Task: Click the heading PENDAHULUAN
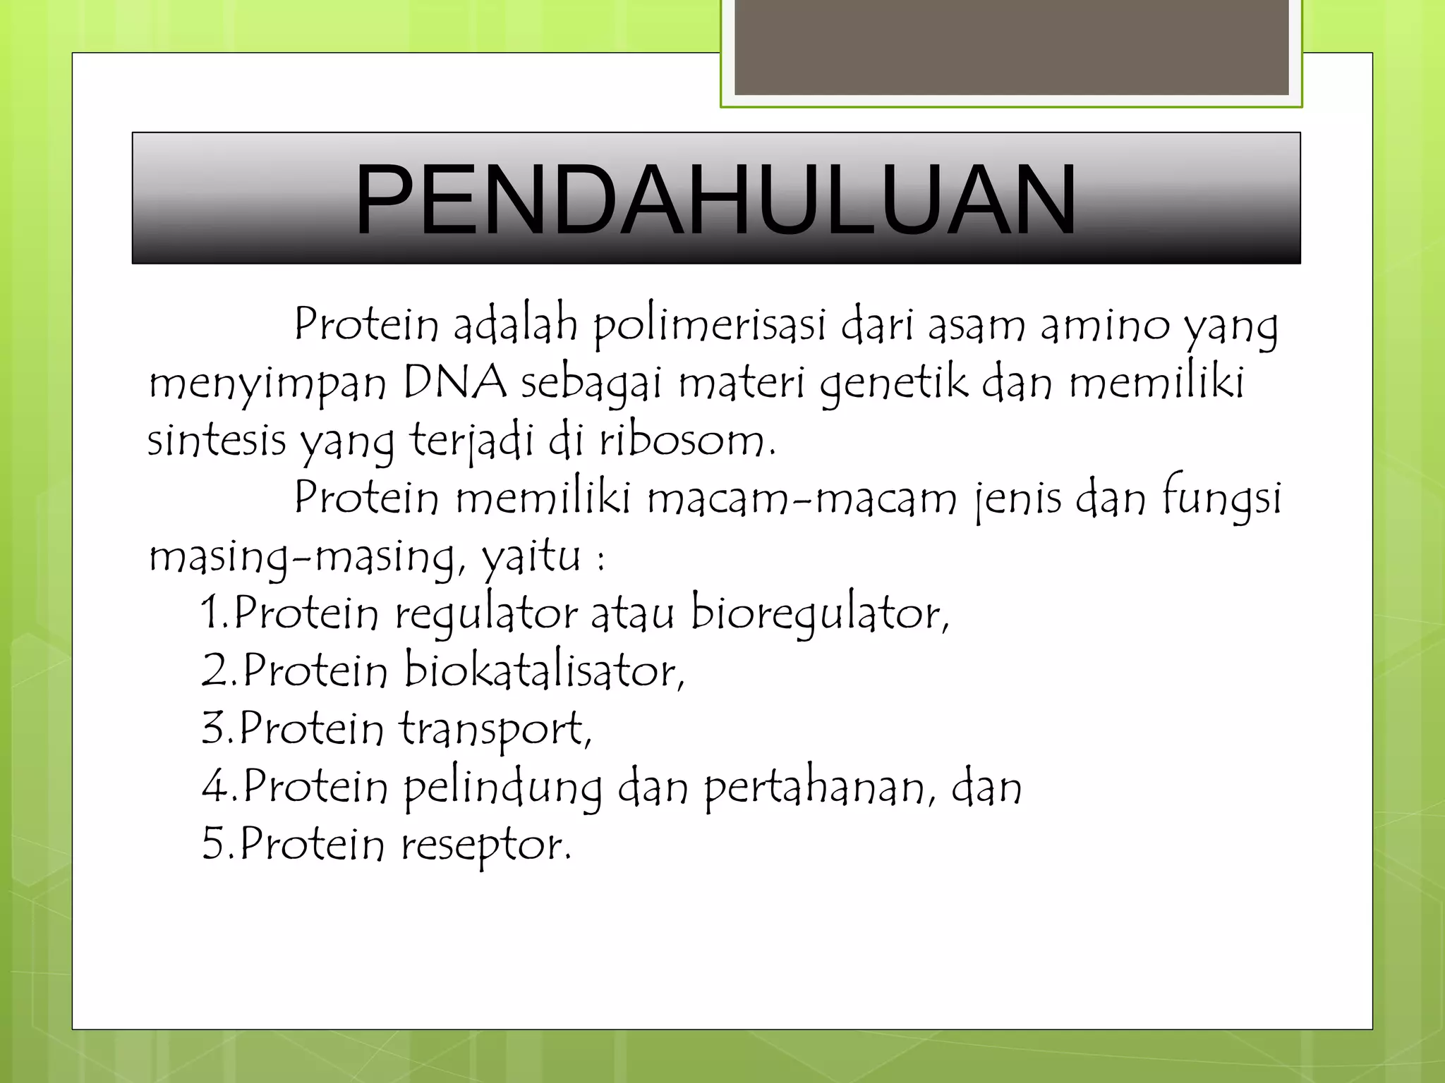point(715,200)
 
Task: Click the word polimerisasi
point(709,326)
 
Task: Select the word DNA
point(455,384)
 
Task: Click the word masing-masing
point(306,557)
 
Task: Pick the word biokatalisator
point(544,671)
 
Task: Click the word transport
point(495,729)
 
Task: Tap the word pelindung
point(503,788)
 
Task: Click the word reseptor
point(486,845)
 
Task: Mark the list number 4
point(214,786)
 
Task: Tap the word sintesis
point(217,441)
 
